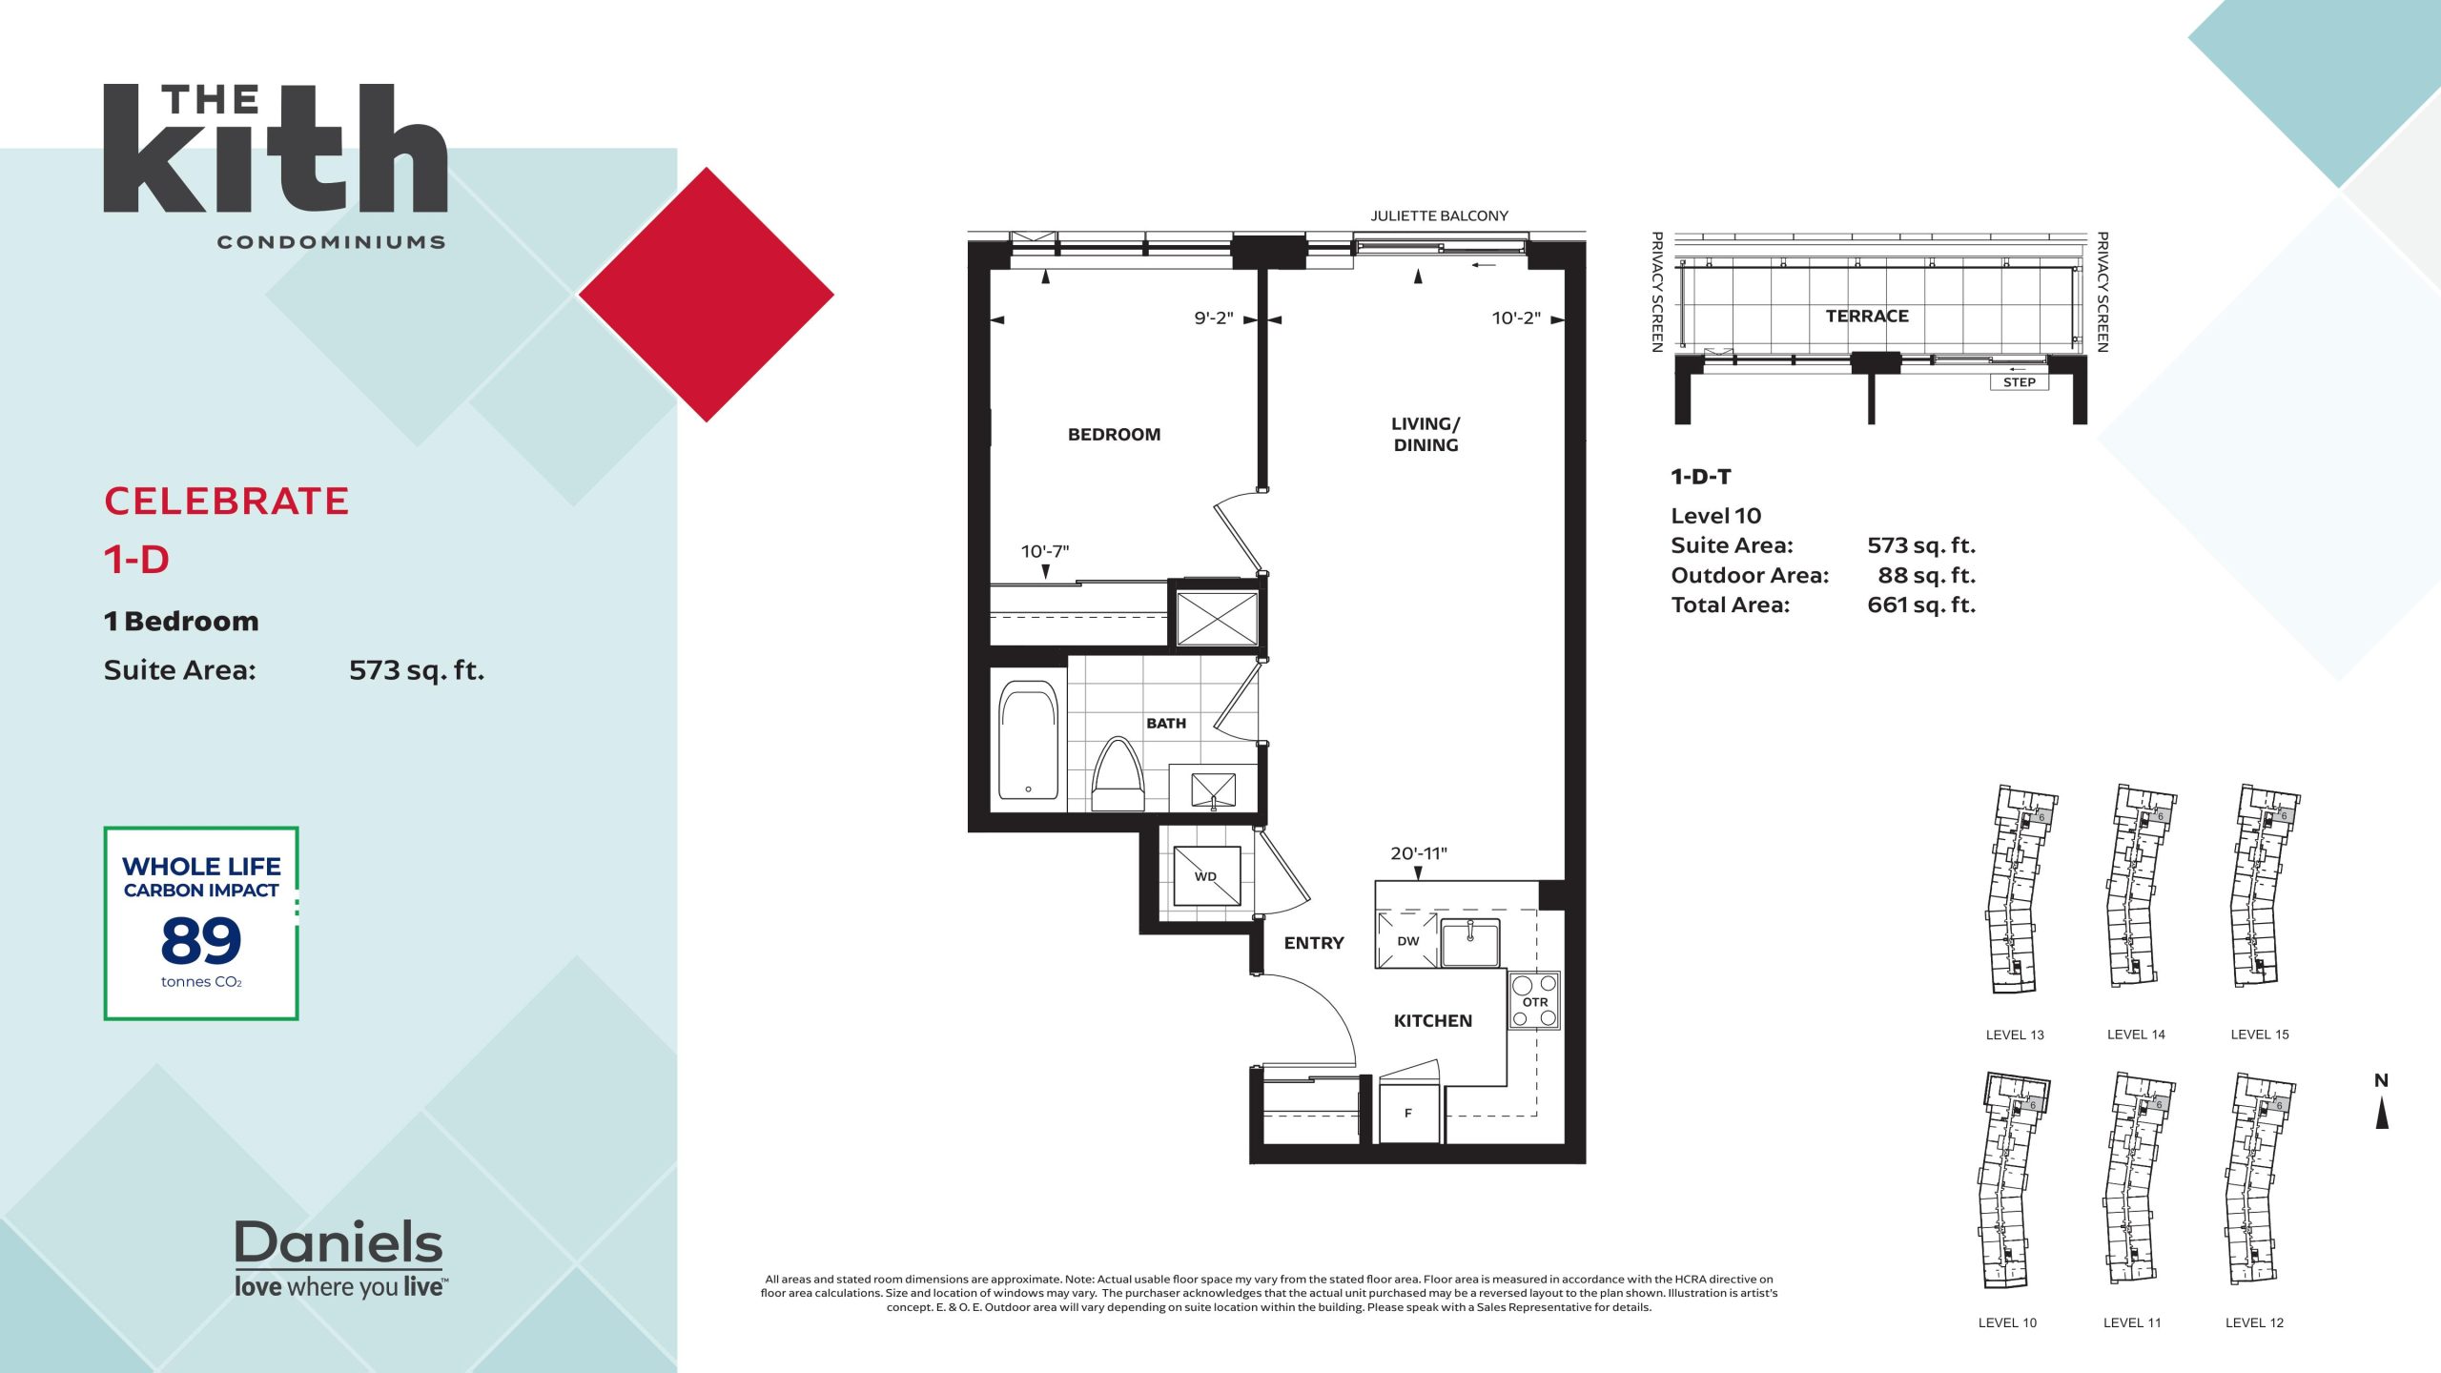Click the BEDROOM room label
1114,435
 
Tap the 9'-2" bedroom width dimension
1214,318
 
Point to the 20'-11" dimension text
1418,853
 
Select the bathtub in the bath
1028,740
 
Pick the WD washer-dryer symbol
1206,876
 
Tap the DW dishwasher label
1407,941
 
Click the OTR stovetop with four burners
1534,1000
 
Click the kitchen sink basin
1469,943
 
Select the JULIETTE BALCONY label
1439,216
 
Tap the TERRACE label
1867,317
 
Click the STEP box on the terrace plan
2020,382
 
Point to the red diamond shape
707,295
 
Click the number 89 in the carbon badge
201,941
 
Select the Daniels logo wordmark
338,1242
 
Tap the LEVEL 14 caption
2136,1035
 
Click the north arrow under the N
2382,1113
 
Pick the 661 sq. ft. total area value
1921,605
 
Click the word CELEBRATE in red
227,502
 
